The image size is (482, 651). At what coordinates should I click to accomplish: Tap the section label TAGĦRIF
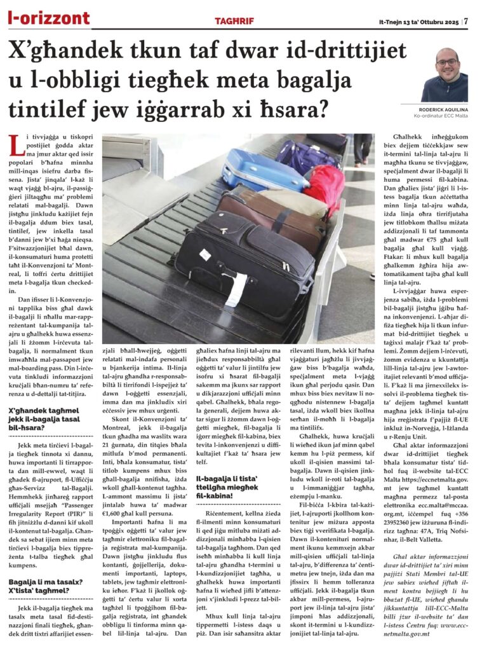click(234, 21)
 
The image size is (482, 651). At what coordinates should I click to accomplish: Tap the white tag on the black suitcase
click(236, 287)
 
